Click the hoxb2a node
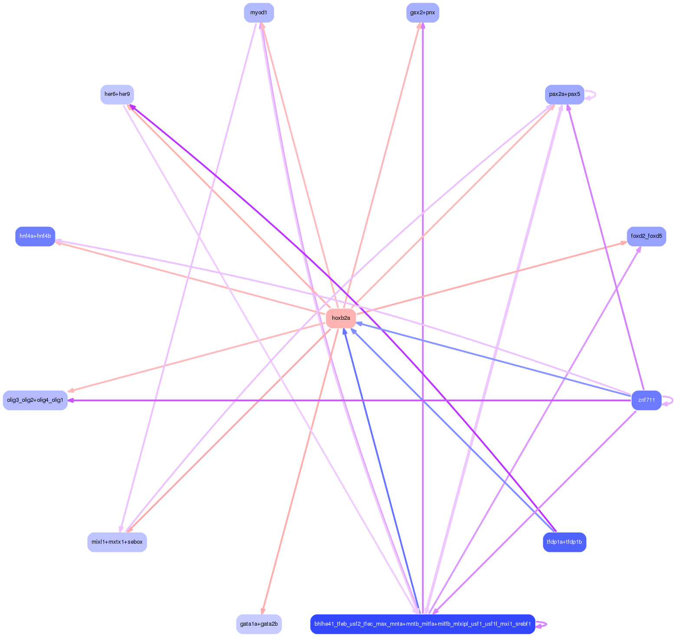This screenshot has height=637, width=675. (x=341, y=318)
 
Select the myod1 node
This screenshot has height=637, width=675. (x=259, y=13)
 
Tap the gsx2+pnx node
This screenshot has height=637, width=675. (x=423, y=13)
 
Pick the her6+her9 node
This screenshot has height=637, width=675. (x=117, y=94)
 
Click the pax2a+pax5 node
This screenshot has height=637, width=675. (x=564, y=94)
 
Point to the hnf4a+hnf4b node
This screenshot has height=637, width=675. (x=35, y=236)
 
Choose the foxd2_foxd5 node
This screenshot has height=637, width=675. (x=646, y=236)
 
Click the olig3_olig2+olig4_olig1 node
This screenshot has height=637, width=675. (x=35, y=400)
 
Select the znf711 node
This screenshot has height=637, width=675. (x=646, y=400)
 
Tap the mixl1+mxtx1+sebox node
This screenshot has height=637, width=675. (x=117, y=542)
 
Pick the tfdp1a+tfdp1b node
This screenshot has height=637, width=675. (x=564, y=542)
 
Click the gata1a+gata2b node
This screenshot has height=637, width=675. (x=259, y=624)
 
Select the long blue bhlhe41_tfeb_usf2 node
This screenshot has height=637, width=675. (x=423, y=624)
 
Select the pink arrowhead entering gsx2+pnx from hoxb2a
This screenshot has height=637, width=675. (x=419, y=26)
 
